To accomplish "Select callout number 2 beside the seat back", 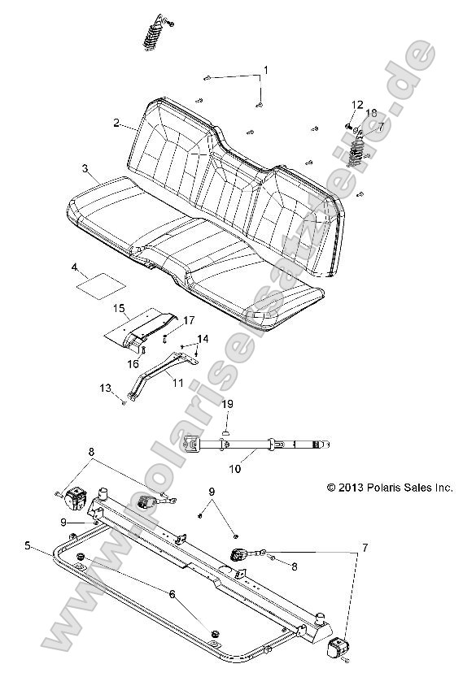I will (x=118, y=124).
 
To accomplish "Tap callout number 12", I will (x=356, y=104).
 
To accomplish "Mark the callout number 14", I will (x=202, y=337).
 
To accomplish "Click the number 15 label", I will (x=119, y=309).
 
